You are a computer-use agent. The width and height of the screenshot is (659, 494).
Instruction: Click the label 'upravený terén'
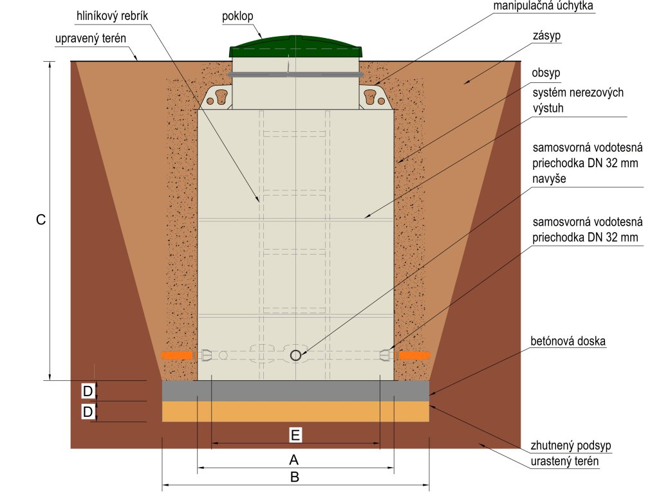pyautogui.click(x=89, y=39)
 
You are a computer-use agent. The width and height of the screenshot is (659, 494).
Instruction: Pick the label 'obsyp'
pyautogui.click(x=546, y=73)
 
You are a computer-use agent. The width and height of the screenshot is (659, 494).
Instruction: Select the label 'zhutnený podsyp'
pyautogui.click(x=571, y=445)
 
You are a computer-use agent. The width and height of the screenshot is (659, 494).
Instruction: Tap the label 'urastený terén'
pyautogui.click(x=564, y=462)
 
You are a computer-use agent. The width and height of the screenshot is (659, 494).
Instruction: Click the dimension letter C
pyautogui.click(x=41, y=220)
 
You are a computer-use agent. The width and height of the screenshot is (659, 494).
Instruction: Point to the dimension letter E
pyautogui.click(x=295, y=435)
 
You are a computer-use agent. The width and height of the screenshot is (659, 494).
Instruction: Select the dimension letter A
pyautogui.click(x=295, y=460)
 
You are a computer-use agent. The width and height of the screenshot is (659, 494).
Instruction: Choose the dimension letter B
pyautogui.click(x=295, y=477)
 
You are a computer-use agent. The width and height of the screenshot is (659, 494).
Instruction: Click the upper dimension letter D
pyautogui.click(x=88, y=390)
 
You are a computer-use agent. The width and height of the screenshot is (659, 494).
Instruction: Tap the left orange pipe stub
pyautogui.click(x=177, y=355)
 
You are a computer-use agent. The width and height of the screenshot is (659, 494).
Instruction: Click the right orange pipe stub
pyautogui.click(x=414, y=355)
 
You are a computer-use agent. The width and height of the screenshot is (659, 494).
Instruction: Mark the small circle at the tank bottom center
pyautogui.click(x=295, y=355)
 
